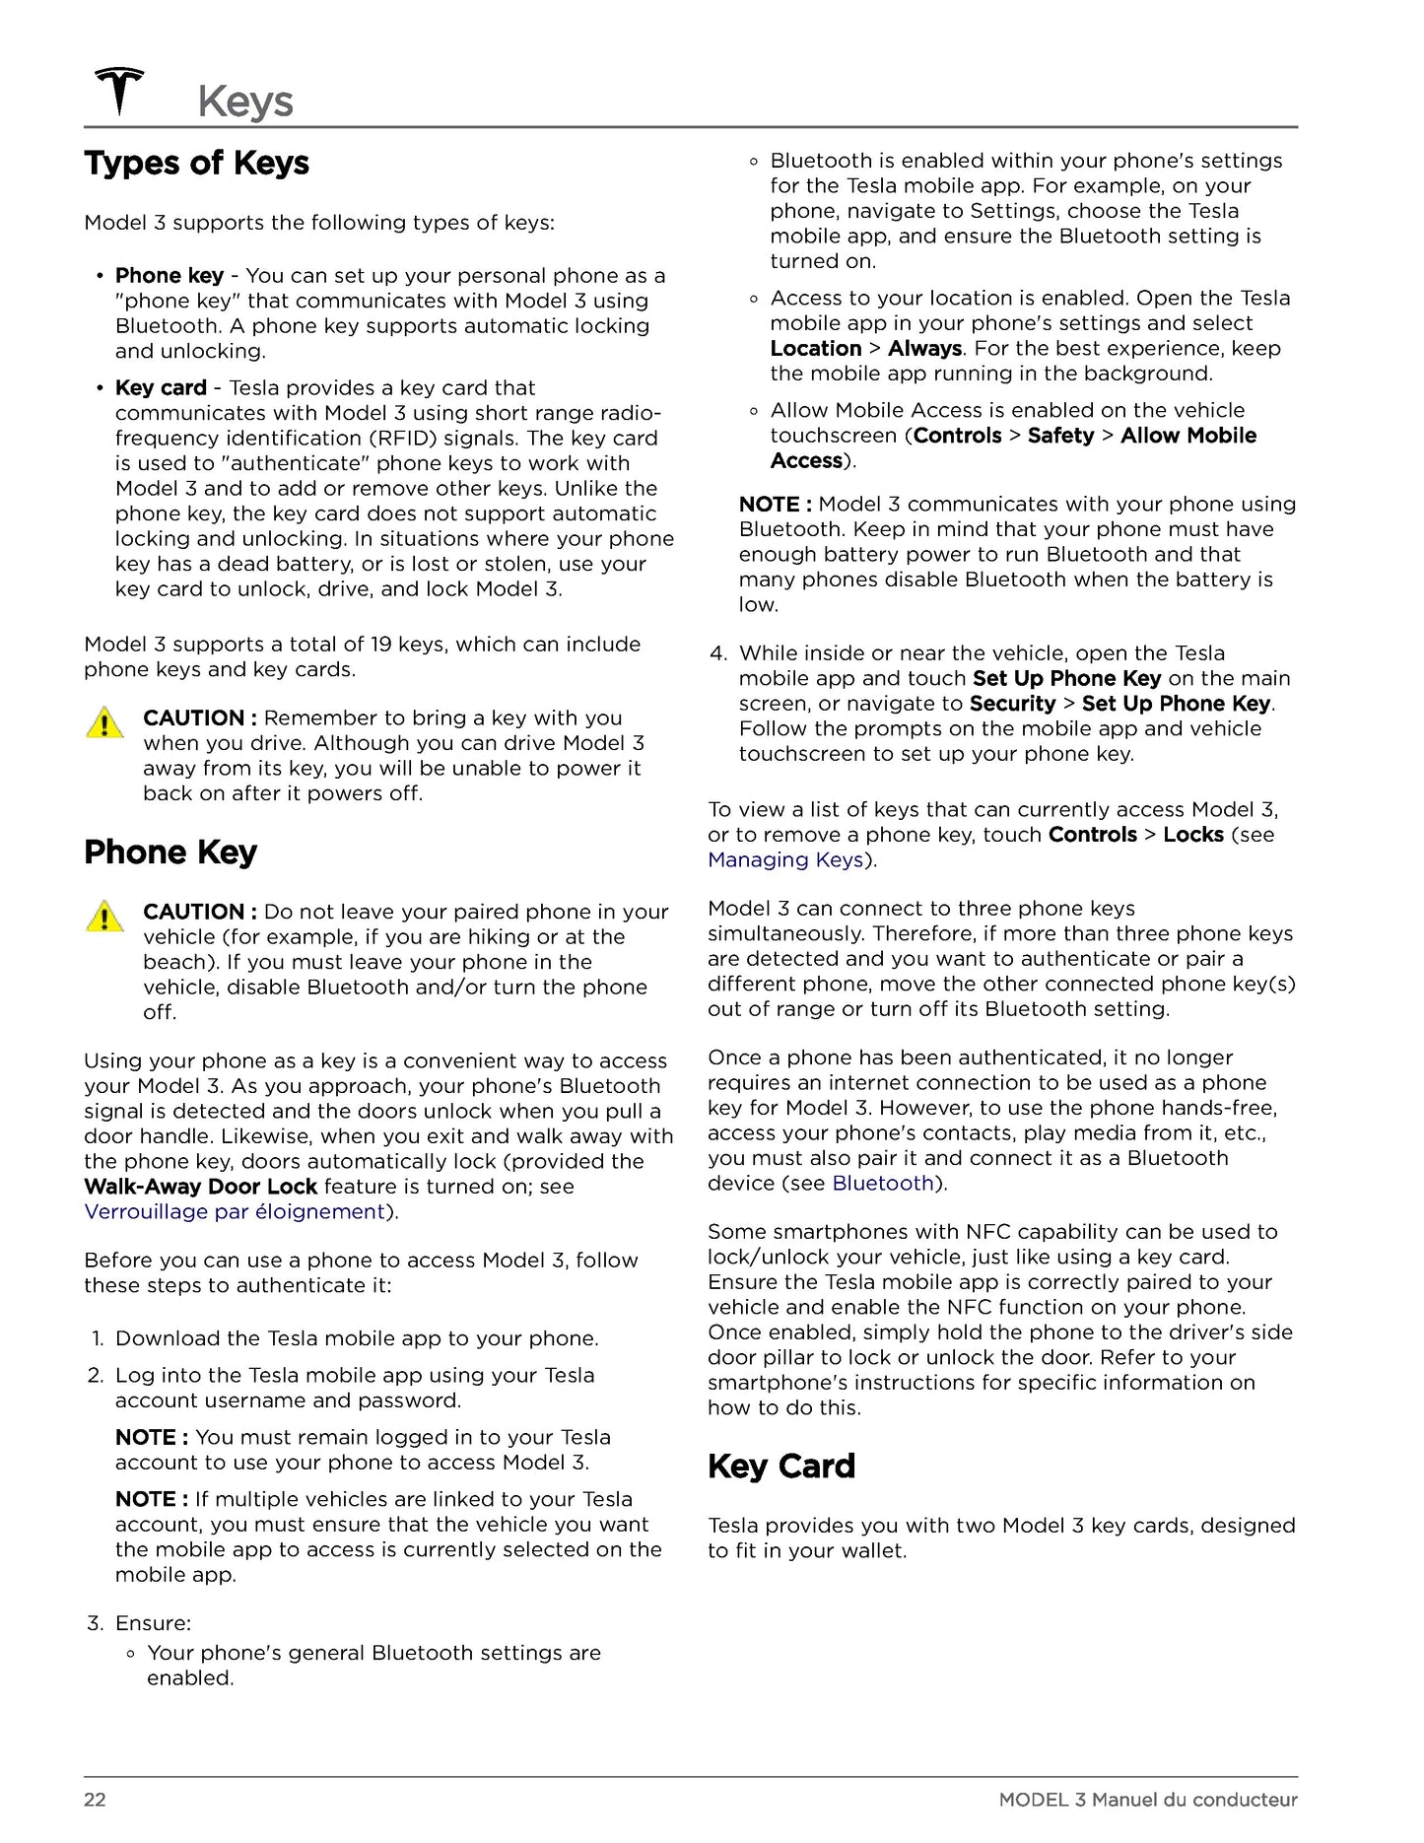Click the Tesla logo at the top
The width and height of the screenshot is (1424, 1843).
tap(119, 91)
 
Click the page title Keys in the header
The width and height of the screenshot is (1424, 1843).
tap(245, 102)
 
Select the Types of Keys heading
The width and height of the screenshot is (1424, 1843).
tap(196, 163)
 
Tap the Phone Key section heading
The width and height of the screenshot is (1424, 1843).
tap(170, 852)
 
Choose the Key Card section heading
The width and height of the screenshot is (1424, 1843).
tap(780, 1466)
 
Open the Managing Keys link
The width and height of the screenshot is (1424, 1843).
tap(785, 859)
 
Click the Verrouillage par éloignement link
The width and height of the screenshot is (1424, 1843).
tap(234, 1211)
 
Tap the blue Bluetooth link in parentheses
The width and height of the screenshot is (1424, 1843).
tap(882, 1183)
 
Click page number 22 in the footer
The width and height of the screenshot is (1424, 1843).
tap(95, 1800)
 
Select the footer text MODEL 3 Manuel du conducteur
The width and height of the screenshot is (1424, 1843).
tap(1147, 1800)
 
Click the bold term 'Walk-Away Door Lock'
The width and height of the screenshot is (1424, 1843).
tap(201, 1187)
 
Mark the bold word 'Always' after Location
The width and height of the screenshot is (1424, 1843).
tap(924, 348)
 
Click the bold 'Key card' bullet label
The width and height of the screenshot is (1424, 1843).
tap(161, 388)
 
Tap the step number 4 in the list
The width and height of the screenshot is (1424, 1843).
tap(717, 653)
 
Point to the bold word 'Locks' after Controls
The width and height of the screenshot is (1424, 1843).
tap(1192, 835)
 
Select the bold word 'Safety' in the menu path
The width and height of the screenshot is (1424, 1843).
tap(1060, 436)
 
